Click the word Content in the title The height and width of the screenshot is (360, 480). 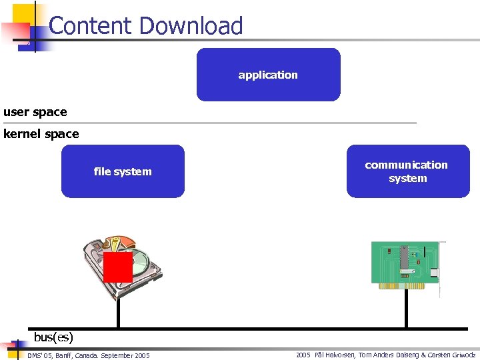[90, 26]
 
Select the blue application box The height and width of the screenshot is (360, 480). [268, 75]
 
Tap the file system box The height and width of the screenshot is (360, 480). [123, 171]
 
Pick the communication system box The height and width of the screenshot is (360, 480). [407, 171]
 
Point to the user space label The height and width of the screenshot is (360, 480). [35, 112]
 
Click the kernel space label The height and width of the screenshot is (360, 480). [41, 134]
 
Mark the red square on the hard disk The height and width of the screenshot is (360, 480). [118, 267]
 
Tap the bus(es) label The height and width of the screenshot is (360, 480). [53, 337]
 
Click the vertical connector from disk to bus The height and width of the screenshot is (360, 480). [118, 313]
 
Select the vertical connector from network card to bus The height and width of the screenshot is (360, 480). [406, 310]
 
